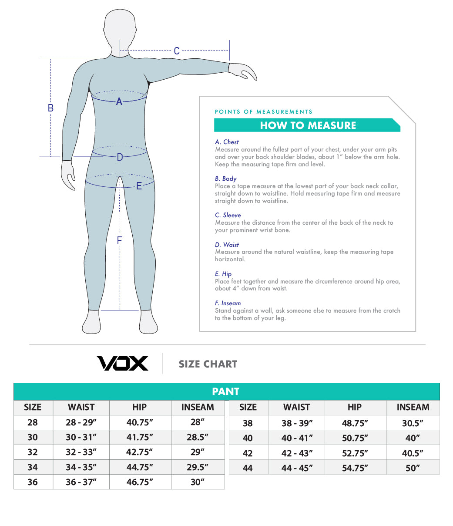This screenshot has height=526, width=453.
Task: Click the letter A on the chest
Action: click(119, 102)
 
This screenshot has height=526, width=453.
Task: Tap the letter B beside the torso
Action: click(50, 108)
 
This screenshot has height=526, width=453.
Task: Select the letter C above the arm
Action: click(177, 51)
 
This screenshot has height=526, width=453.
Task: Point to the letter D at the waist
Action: click(120, 158)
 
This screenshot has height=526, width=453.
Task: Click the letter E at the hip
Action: click(139, 186)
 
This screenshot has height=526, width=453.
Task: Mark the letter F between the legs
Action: click(119, 240)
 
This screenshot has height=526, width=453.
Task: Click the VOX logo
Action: click(122, 363)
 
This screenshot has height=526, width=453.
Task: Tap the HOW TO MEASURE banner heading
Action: click(308, 125)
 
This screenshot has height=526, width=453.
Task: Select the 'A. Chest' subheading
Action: click(227, 142)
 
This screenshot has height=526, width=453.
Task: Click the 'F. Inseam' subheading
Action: click(228, 303)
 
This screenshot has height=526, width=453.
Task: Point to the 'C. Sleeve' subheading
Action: click(228, 215)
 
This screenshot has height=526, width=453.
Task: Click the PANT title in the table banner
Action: click(226, 391)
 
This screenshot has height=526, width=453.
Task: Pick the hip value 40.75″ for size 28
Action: click(140, 422)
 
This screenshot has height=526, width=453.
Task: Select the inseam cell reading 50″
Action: click(413, 468)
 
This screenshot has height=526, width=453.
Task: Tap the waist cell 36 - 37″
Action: click(81, 482)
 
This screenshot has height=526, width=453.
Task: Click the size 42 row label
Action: click(248, 453)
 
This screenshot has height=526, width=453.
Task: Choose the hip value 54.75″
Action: click(355, 468)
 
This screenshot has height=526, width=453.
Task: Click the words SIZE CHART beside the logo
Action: click(208, 364)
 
